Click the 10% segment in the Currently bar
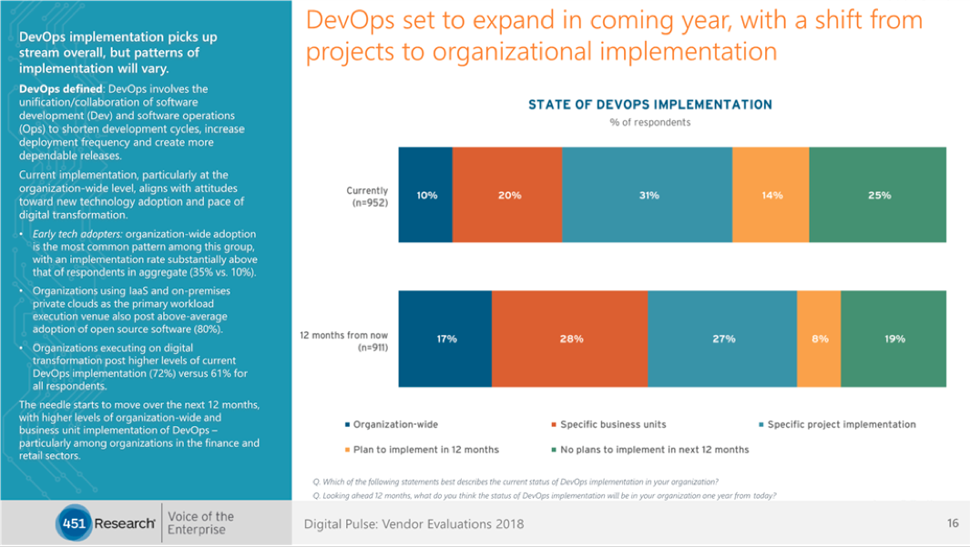pos(425,195)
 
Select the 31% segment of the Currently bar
pos(648,195)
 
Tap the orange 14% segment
pos(771,195)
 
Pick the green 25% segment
pos(879,195)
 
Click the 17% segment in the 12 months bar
pos(445,339)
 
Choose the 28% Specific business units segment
pos(570,339)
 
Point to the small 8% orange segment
pos(819,339)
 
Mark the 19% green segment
pos(893,339)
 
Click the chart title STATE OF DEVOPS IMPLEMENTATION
pos(649,105)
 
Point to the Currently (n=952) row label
pos(367,197)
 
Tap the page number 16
pos(953,523)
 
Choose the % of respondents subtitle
pos(649,123)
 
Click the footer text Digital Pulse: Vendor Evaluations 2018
pos(414,524)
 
